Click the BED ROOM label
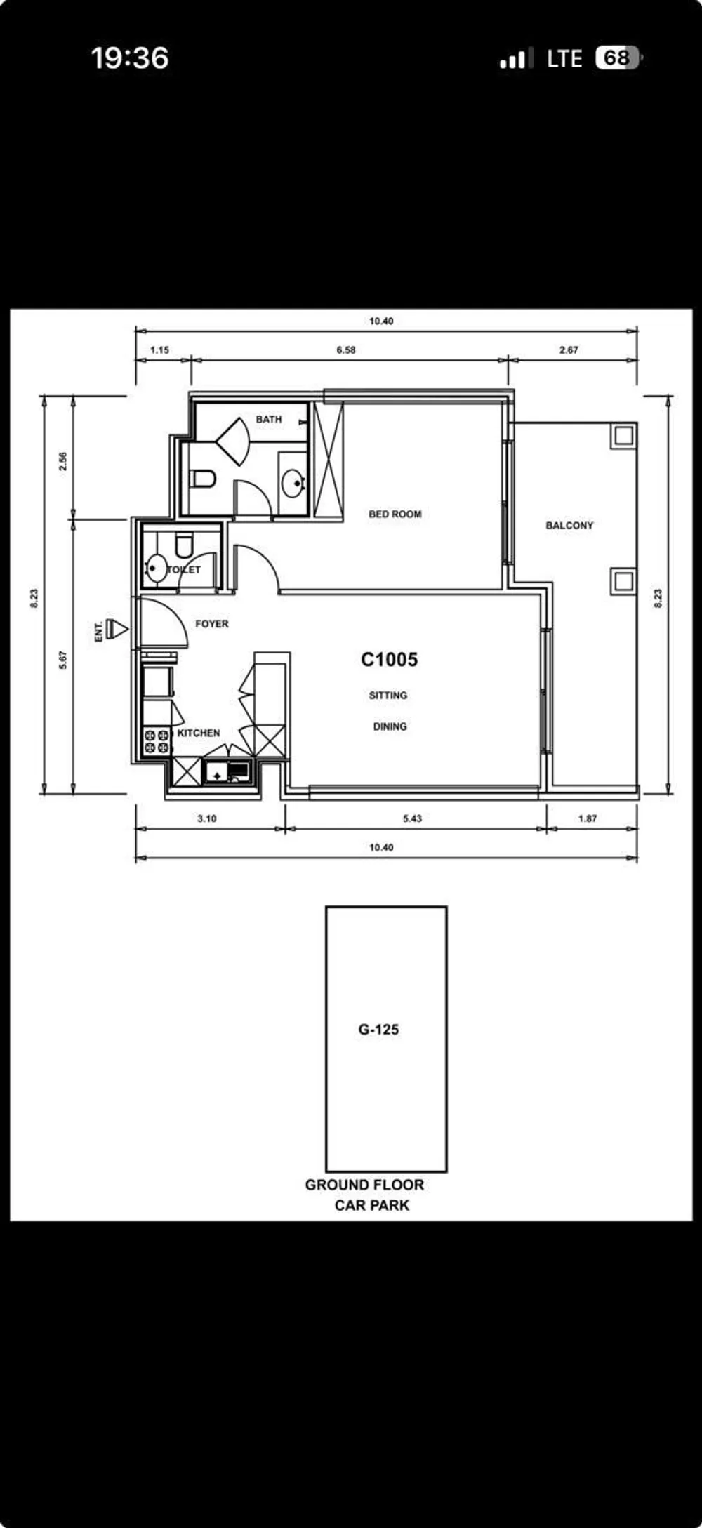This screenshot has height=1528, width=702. [395, 514]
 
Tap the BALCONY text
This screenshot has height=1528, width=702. [569, 525]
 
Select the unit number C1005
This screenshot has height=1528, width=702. [389, 660]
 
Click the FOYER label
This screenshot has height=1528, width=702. [211, 623]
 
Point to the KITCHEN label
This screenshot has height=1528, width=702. [199, 733]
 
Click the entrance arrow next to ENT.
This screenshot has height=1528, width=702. [117, 630]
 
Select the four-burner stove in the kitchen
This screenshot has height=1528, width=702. [157, 742]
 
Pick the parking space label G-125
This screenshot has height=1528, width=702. [378, 1030]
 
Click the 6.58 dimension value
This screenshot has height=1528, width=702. [346, 350]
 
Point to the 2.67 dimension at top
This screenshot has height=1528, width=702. [569, 350]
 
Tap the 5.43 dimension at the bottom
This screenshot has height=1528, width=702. [412, 818]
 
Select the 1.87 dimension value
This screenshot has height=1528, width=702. [588, 818]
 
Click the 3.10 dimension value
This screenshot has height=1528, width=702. [207, 818]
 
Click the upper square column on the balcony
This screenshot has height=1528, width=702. [623, 436]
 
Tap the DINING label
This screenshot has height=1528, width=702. [390, 726]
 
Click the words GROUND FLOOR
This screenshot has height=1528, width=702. [364, 1185]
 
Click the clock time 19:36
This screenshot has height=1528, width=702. [130, 58]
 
